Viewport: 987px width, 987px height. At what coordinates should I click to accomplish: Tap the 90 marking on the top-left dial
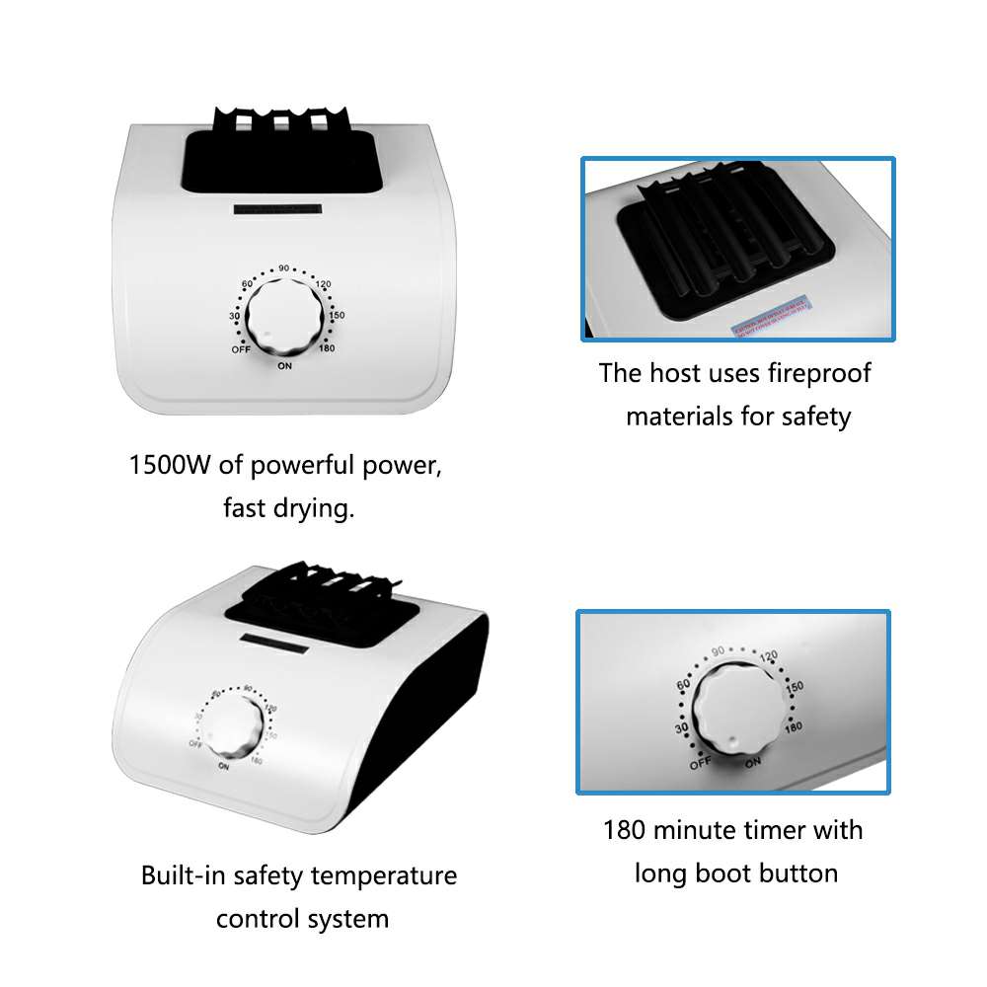(x=283, y=268)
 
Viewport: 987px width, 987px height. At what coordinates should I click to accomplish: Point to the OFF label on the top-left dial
(x=240, y=349)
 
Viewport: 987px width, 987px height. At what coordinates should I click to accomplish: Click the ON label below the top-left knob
(x=284, y=367)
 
